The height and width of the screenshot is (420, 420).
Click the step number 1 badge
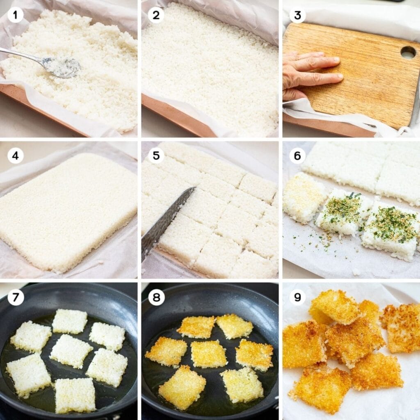[x=16, y=15]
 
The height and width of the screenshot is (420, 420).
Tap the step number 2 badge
[x=156, y=15]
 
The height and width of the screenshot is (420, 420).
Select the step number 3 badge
[x=297, y=15]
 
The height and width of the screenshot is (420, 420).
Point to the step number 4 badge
[x=16, y=156]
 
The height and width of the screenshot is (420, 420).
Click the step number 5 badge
[x=156, y=156]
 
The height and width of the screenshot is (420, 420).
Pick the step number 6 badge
[x=297, y=156]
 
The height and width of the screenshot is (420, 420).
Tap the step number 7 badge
[x=16, y=297]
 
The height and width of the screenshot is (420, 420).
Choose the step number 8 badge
[x=156, y=297]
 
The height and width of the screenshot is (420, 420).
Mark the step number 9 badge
[x=297, y=297]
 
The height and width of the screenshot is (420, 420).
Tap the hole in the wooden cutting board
[x=408, y=52]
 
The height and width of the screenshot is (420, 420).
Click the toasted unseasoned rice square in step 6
[x=303, y=197]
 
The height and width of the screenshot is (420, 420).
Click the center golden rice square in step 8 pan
[x=208, y=354]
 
